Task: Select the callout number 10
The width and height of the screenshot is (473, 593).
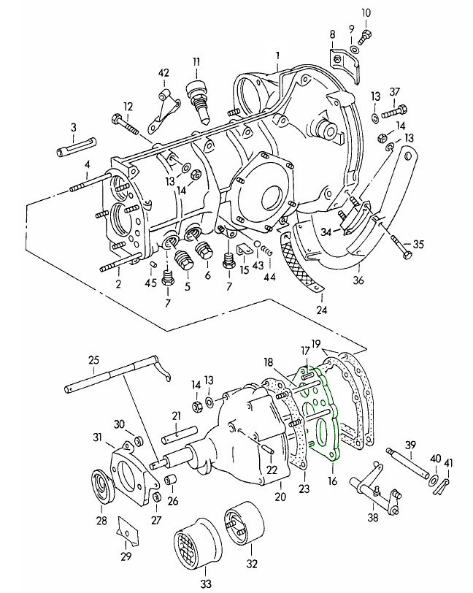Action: [366, 12]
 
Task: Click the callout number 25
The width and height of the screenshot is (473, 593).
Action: [93, 359]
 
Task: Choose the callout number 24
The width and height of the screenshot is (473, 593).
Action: [322, 310]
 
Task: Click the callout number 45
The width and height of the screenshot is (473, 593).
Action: [150, 283]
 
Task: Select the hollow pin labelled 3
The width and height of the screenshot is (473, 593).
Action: [73, 152]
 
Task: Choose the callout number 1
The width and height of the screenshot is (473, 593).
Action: [277, 55]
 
